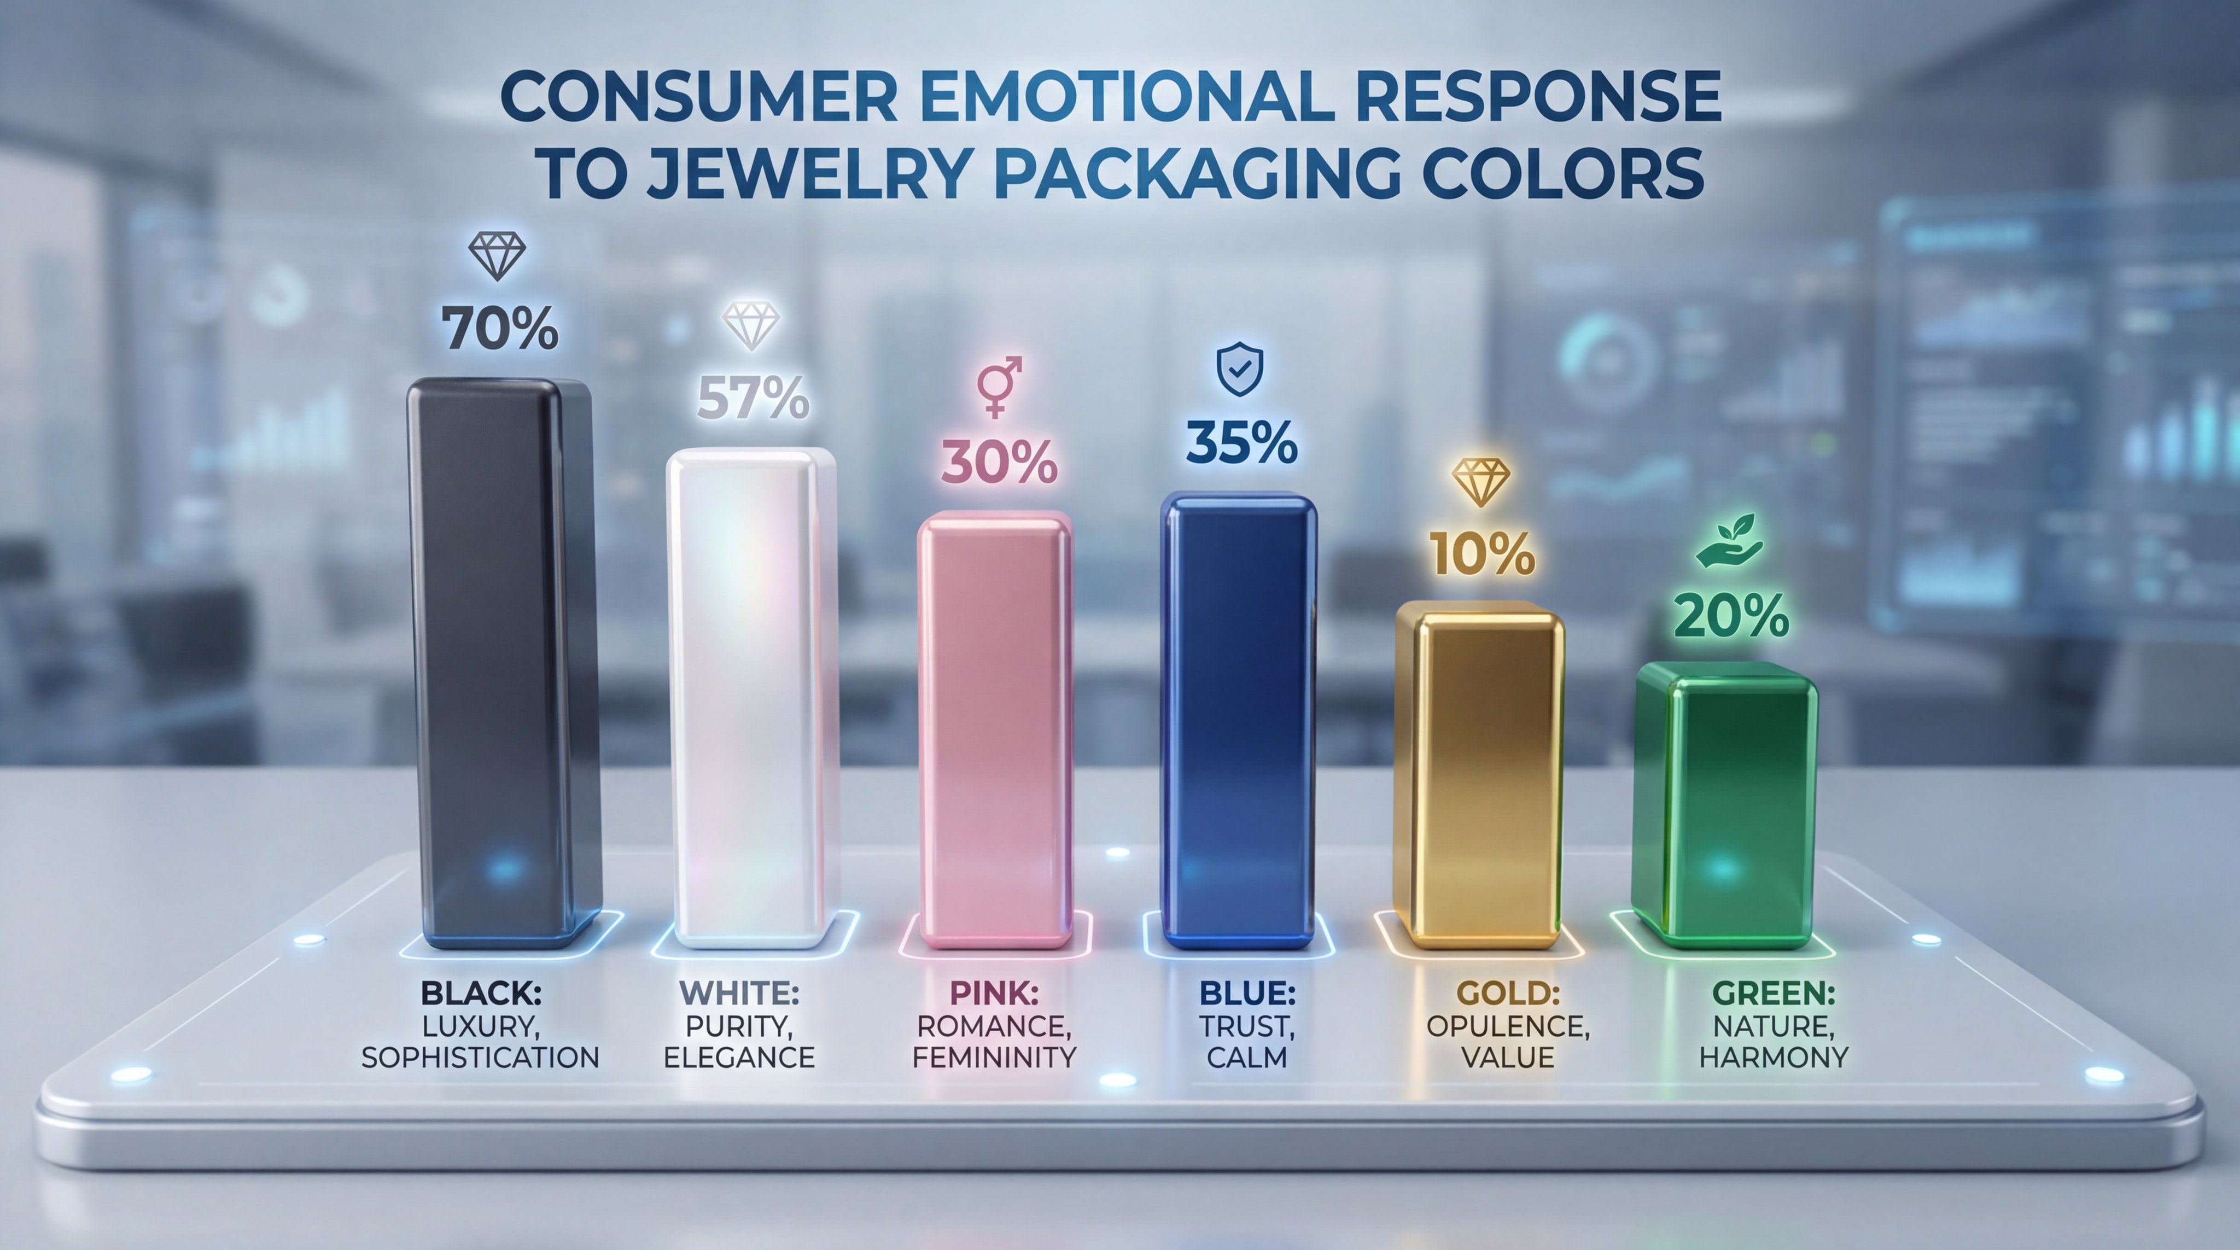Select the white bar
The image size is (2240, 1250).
coord(750,696)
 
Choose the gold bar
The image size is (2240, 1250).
coord(1478,774)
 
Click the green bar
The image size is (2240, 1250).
coord(1726,804)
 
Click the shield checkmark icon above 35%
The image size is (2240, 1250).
coord(1239,369)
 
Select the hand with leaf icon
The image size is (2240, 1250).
coord(1730,541)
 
